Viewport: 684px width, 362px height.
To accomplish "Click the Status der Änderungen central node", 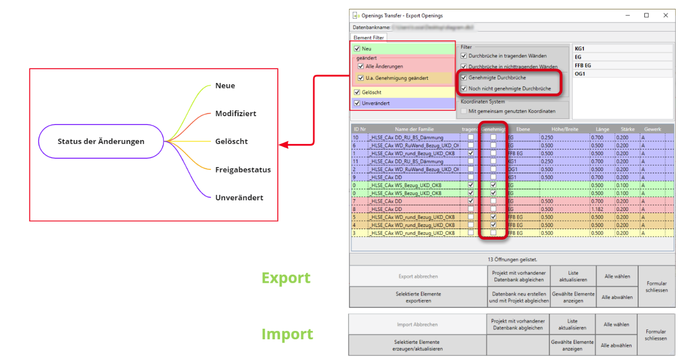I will [x=101, y=141].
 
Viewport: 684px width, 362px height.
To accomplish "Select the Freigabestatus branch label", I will [x=243, y=169].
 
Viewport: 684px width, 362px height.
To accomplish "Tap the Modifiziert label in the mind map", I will [x=235, y=113].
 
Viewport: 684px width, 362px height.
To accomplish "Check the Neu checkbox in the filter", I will [x=357, y=49].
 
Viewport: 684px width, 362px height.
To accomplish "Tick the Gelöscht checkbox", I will [x=357, y=92].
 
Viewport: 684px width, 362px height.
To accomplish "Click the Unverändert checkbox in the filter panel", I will [x=357, y=103].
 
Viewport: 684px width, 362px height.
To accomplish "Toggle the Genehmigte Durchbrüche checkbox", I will [x=464, y=77].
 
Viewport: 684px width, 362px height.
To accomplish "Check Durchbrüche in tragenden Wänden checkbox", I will [x=464, y=56].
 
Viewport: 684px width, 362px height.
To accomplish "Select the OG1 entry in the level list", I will [x=580, y=74].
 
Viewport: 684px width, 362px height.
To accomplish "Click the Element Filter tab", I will [x=369, y=38].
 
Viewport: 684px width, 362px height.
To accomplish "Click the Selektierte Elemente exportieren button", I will [x=418, y=297].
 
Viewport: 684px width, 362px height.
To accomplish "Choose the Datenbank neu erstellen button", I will [x=519, y=297].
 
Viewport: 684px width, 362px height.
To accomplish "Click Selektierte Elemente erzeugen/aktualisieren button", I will [x=418, y=345].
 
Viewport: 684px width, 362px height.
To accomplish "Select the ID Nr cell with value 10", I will [x=356, y=137].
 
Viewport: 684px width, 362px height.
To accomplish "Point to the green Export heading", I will [x=286, y=278].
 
